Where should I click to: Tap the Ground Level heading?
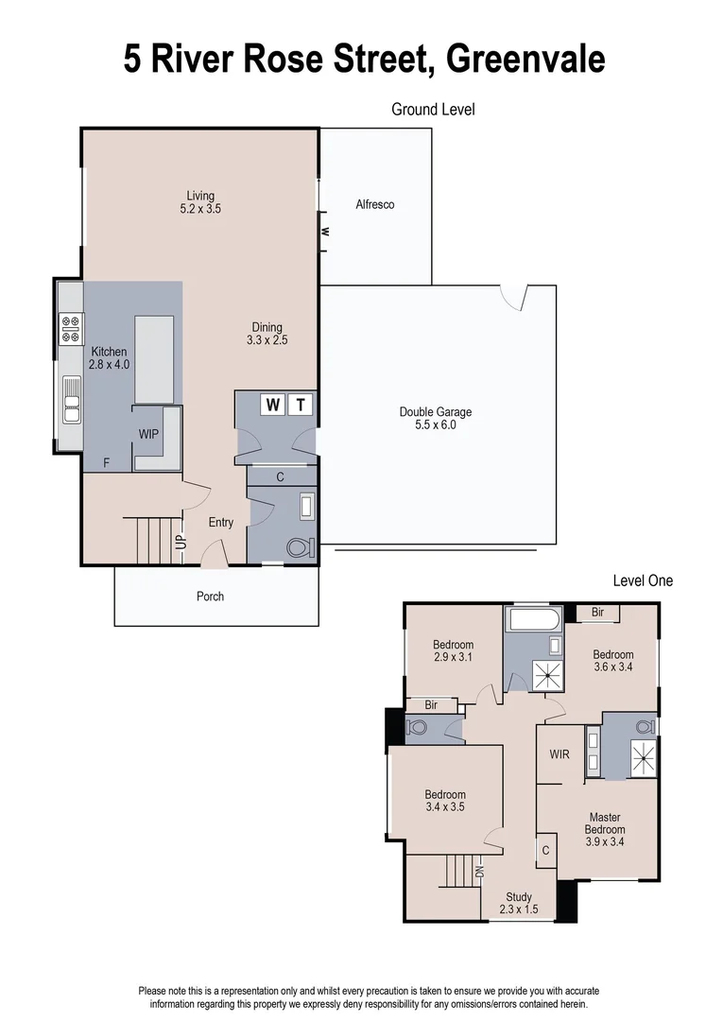[433, 110]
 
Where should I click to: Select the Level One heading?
[643, 580]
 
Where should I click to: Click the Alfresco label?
[374, 204]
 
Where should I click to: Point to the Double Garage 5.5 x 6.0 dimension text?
[435, 425]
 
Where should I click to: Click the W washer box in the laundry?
[273, 406]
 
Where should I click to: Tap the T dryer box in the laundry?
[301, 406]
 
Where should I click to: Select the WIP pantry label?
[148, 434]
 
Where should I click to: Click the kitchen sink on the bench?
[72, 399]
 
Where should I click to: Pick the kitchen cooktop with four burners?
[72, 328]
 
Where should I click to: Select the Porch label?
[210, 597]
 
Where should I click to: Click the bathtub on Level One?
[533, 621]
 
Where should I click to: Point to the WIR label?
[559, 754]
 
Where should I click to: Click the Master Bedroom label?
[606, 823]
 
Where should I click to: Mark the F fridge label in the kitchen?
[107, 463]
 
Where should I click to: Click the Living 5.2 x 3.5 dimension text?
[200, 209]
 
